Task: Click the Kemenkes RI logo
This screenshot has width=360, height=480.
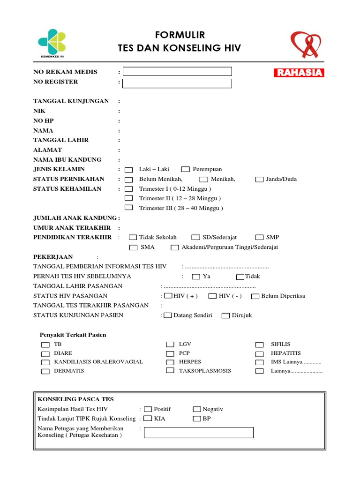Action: click(x=52, y=42)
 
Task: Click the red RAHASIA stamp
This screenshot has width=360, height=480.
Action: click(x=299, y=73)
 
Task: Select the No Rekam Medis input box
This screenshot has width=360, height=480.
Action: click(x=177, y=71)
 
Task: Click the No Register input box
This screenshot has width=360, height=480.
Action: click(x=177, y=83)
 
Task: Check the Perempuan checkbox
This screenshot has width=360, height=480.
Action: click(x=185, y=169)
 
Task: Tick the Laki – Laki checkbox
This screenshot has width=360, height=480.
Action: click(x=129, y=170)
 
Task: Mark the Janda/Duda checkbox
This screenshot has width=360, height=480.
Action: click(x=259, y=179)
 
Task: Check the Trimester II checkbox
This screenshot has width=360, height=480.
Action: click(x=129, y=198)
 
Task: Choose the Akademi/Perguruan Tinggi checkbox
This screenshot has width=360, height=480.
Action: click(x=174, y=247)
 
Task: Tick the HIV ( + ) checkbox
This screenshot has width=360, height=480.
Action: click(x=168, y=296)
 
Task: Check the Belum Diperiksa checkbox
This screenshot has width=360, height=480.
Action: click(x=255, y=296)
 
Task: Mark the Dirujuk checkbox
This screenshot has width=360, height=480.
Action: click(x=225, y=315)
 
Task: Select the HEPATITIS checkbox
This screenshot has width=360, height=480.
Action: click(x=259, y=353)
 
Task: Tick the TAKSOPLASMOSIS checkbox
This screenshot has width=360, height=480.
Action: click(x=170, y=370)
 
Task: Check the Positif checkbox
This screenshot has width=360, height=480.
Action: click(x=148, y=409)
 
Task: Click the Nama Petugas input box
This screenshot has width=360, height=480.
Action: click(x=198, y=432)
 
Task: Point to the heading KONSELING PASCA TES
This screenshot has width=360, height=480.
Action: click(x=75, y=399)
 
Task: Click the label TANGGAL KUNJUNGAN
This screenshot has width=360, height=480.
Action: click(x=71, y=101)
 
